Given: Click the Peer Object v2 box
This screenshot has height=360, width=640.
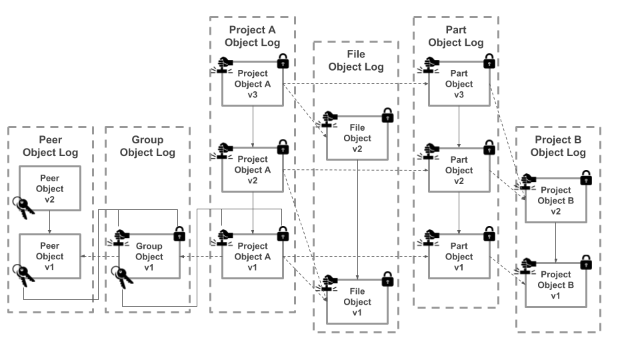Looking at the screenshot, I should pos(50,189).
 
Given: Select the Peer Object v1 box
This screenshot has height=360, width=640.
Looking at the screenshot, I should pos(50,257).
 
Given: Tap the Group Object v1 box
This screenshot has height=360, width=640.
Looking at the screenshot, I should pos(149,257).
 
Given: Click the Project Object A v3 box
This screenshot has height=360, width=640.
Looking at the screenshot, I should pos(253,84).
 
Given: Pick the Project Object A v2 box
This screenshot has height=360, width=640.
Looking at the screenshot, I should pos(253,170).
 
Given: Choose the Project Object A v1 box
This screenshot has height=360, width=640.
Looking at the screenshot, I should pos(253,257).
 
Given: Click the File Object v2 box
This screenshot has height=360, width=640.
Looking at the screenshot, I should pos(357,138).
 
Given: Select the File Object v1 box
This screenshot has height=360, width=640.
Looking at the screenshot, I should pos(357,302).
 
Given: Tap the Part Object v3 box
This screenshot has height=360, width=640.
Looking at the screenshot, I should pos(459,84).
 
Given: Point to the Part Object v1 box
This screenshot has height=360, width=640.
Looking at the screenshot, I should pos(459,257).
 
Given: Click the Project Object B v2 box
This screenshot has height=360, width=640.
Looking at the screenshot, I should pos(555,201).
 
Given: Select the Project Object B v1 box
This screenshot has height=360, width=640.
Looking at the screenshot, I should pos(555,285).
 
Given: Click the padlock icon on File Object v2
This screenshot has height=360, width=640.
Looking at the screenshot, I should pos(387,115).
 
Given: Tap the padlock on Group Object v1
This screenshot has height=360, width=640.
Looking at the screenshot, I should pos(179,234).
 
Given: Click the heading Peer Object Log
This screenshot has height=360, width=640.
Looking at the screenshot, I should pos(50,146).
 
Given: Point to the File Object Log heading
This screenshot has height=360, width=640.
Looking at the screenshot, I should pos(356,60).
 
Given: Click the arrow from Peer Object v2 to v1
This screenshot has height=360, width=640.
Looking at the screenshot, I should pos(50,222).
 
